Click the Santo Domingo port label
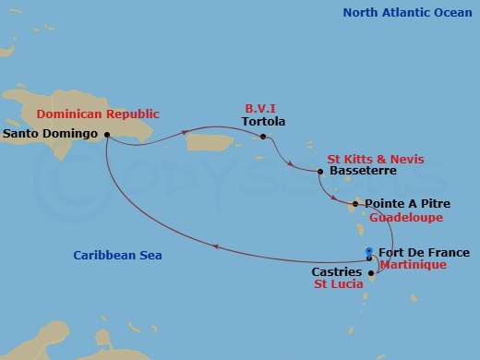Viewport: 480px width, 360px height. click(52, 134)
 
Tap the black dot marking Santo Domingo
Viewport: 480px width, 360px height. click(108, 134)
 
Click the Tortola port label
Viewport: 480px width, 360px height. click(263, 122)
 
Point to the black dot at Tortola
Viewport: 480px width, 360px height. click(263, 138)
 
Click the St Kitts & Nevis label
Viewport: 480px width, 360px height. click(376, 159)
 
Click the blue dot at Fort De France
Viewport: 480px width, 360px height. click(369, 252)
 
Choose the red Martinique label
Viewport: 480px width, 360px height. click(413, 265)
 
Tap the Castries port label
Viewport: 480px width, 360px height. click(336, 273)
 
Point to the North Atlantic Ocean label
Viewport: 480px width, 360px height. click(404, 13)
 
